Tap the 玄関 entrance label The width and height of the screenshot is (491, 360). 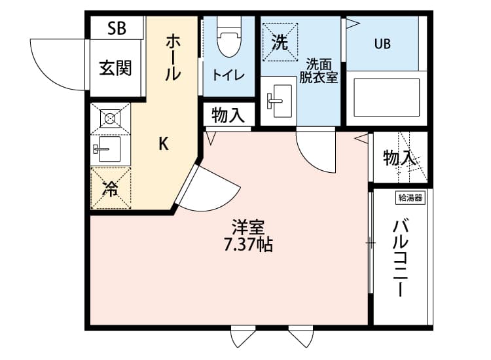click(115, 68)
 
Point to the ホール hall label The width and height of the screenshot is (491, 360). click(173, 58)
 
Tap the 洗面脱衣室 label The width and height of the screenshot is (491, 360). click(318, 70)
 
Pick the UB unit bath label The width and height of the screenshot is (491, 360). click(382, 44)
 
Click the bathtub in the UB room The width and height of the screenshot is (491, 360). click(386, 98)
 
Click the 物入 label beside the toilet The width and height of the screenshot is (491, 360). click(228, 117)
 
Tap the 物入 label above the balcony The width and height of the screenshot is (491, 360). click(399, 158)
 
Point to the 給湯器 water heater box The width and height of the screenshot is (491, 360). click(410, 196)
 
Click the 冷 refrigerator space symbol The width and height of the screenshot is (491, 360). click(110, 189)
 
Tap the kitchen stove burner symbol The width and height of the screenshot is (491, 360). click(110, 119)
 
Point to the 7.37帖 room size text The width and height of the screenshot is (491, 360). click(247, 245)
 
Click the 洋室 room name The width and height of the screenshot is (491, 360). click(247, 228)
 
